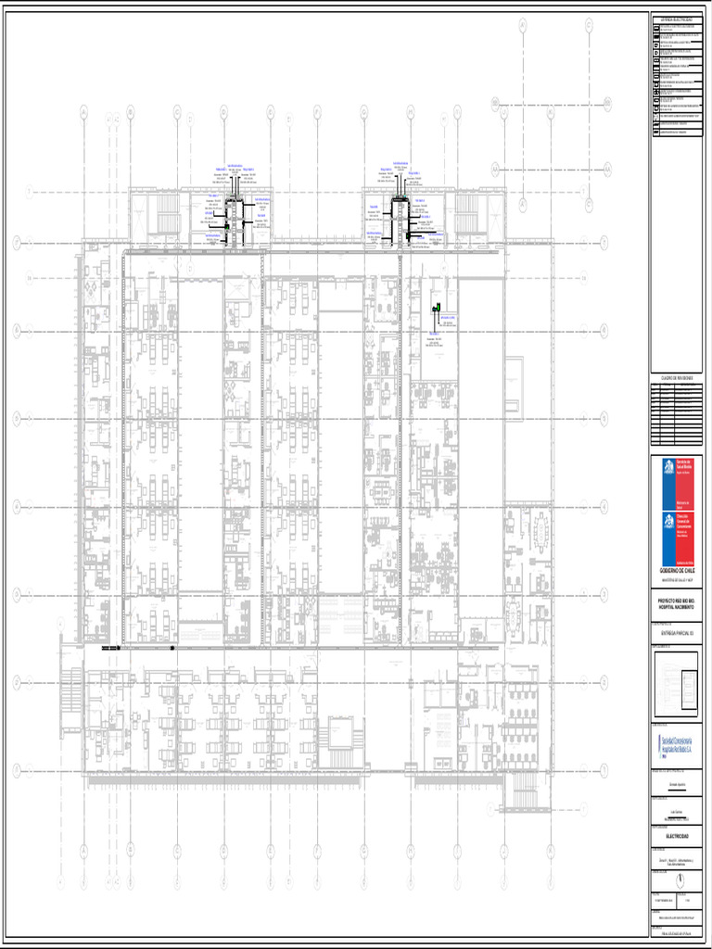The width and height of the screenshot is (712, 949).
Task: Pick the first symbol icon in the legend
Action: [x=657, y=29]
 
